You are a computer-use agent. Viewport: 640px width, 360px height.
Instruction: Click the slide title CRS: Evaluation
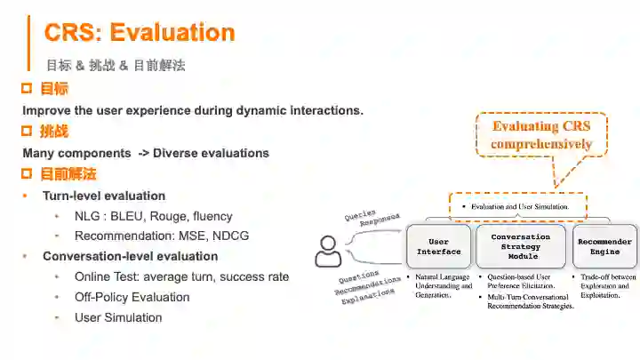(x=140, y=33)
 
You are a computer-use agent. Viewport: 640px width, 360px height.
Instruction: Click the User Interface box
(x=439, y=246)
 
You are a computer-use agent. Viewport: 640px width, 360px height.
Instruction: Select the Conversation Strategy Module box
(x=521, y=246)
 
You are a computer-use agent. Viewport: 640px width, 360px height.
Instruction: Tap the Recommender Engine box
(x=604, y=246)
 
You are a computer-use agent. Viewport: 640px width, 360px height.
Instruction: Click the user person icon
(x=328, y=251)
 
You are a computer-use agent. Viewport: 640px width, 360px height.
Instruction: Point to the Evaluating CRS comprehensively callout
(x=540, y=135)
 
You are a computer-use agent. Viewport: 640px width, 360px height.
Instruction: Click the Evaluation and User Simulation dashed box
(x=517, y=207)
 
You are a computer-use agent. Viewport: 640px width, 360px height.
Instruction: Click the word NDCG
(x=230, y=236)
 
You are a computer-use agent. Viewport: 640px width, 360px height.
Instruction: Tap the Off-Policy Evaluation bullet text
(x=132, y=297)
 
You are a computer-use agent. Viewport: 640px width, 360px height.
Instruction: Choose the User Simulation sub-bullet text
(x=118, y=317)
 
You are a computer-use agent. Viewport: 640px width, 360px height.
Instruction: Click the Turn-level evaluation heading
(x=104, y=196)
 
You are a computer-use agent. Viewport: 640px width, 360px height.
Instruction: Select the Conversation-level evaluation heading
(x=130, y=256)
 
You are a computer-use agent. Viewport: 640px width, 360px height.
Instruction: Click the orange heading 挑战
(x=54, y=132)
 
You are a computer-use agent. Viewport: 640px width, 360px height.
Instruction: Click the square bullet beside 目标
(x=27, y=89)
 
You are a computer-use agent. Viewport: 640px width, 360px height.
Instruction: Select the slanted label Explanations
(x=366, y=295)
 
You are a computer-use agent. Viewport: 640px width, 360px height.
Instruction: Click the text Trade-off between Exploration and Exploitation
(x=608, y=284)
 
